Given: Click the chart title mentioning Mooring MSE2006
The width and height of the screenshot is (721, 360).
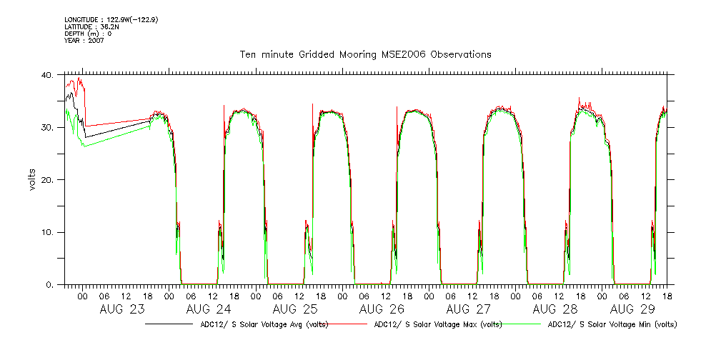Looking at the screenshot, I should (x=365, y=54).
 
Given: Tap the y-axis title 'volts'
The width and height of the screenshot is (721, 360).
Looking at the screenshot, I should (x=31, y=179).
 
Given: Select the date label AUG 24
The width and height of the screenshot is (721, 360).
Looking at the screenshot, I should (x=209, y=309).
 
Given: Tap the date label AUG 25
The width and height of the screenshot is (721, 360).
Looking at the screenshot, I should (x=295, y=309).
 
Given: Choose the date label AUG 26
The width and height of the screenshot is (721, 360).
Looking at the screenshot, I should (x=382, y=309).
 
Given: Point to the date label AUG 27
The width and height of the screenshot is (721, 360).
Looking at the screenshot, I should (x=469, y=309).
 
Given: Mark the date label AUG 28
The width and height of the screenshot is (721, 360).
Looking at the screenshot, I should (x=555, y=309).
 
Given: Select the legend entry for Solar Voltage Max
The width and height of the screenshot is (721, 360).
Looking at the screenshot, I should (x=437, y=324).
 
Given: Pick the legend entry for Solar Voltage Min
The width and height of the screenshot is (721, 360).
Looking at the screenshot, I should (x=612, y=324).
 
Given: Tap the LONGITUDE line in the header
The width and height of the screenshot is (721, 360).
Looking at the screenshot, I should (x=111, y=20).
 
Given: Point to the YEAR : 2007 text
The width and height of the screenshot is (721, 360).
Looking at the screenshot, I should (x=84, y=41).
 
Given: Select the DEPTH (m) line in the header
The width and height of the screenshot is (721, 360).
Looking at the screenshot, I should (x=88, y=34).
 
